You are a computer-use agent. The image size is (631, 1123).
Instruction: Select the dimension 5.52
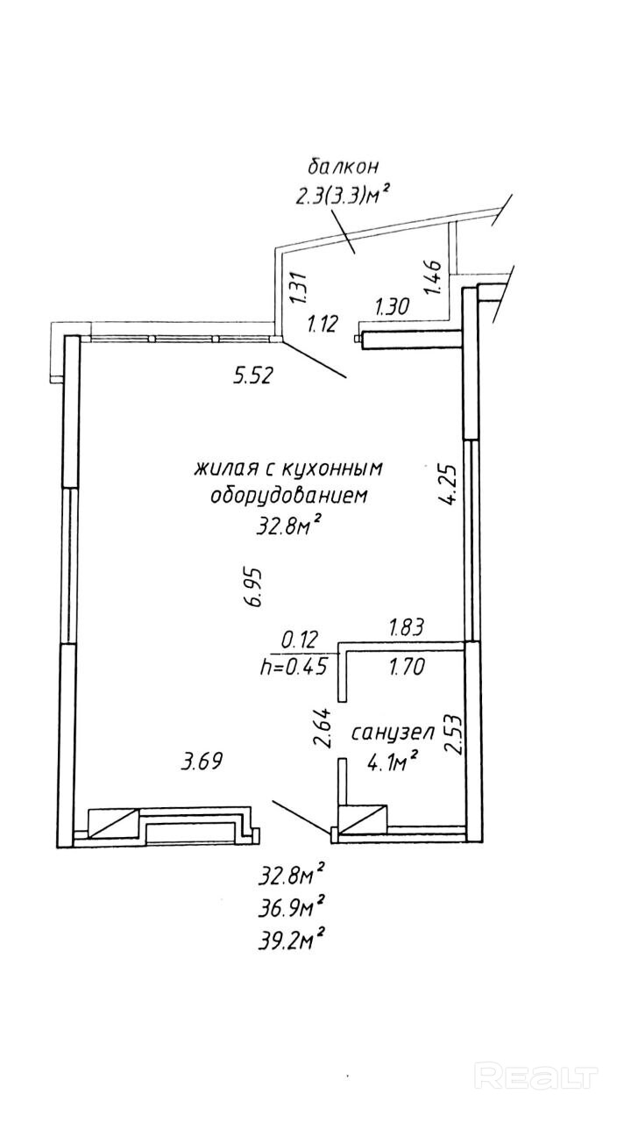[x=254, y=377]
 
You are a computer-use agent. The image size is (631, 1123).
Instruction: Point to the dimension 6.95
[x=254, y=587]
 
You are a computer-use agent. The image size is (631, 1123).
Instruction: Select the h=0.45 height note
[x=294, y=666]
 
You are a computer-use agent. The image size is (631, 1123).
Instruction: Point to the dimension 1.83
[x=406, y=626]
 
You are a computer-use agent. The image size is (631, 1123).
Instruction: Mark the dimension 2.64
[x=323, y=727]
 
